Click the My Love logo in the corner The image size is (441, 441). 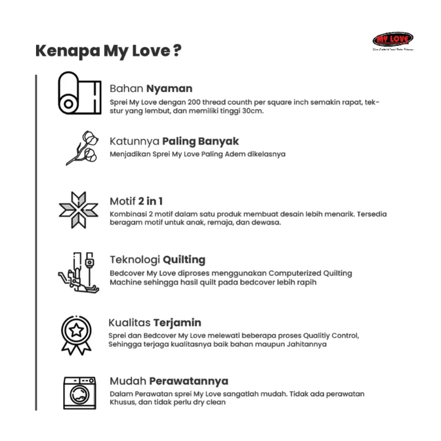pos(392,39)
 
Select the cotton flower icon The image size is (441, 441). pos(80,148)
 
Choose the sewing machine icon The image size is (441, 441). pos(80,270)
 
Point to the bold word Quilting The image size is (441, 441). pos(184,259)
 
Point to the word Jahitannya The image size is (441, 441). pos(303,345)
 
